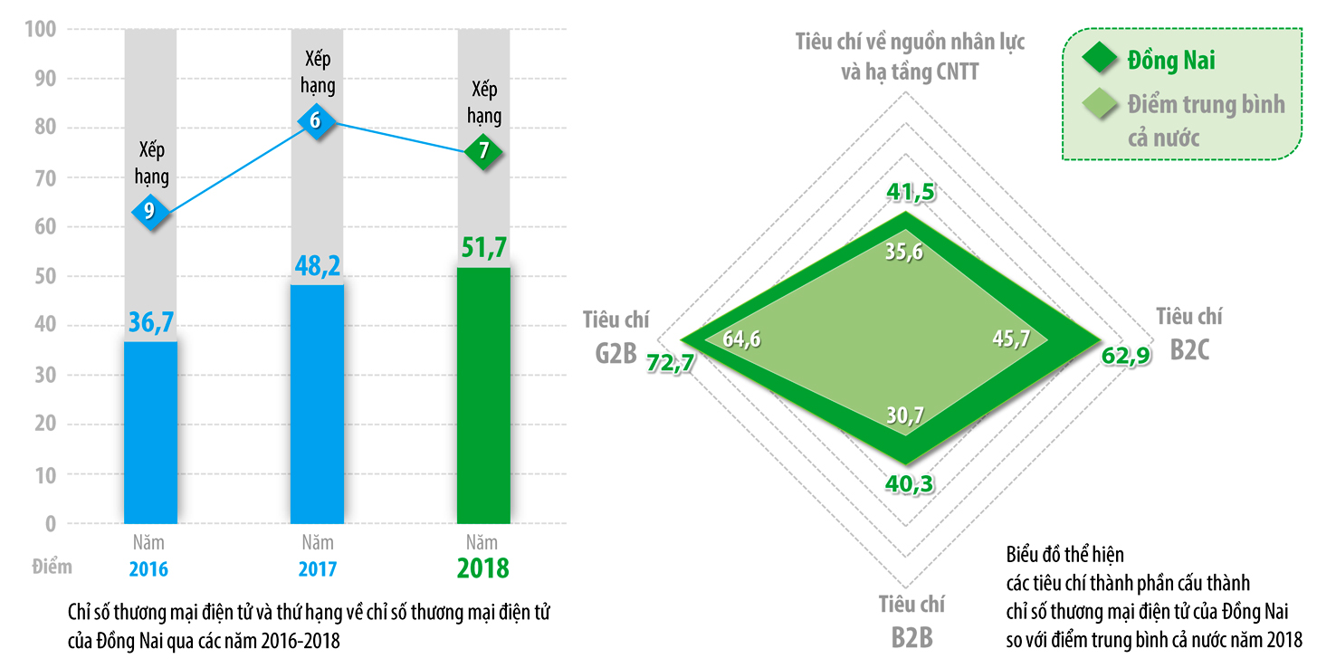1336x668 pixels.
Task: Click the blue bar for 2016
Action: click(x=150, y=432)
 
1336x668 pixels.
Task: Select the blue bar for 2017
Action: click(x=317, y=404)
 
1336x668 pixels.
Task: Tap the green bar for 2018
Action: click(x=483, y=396)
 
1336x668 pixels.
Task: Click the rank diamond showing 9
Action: click(x=150, y=212)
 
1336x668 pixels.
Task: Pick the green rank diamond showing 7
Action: click(x=484, y=151)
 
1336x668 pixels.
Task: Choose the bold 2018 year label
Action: click(x=482, y=568)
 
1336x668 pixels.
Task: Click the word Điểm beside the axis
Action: click(x=52, y=568)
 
